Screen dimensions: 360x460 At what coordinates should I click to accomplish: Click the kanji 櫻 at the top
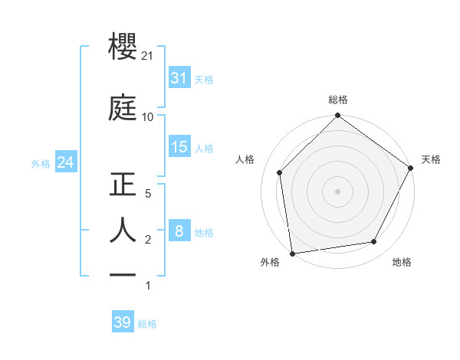[x=123, y=49]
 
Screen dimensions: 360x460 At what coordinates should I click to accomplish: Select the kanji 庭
[x=123, y=108]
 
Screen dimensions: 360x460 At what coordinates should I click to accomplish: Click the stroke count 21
[x=149, y=57]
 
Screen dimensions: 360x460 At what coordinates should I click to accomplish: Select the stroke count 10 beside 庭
[x=148, y=117]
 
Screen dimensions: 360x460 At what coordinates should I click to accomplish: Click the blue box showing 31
[x=179, y=78]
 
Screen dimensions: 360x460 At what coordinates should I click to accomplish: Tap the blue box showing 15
[x=179, y=146]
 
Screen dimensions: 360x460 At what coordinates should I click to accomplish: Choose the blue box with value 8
[x=179, y=231]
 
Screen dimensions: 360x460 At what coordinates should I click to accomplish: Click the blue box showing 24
[x=65, y=162]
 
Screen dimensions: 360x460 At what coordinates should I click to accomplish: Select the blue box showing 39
[x=122, y=322]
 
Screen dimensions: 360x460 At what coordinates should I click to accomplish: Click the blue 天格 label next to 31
[x=204, y=79]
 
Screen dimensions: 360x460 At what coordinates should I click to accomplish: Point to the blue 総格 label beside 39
[x=147, y=324]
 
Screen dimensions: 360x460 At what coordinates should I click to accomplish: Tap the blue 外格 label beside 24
[x=41, y=163]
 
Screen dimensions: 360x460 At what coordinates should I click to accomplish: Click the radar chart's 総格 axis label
[x=337, y=100]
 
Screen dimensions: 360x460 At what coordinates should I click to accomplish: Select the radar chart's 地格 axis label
[x=402, y=262]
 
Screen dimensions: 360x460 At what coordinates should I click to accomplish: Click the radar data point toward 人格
[x=280, y=172]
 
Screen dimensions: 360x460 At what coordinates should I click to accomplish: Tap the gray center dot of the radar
[x=337, y=191]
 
